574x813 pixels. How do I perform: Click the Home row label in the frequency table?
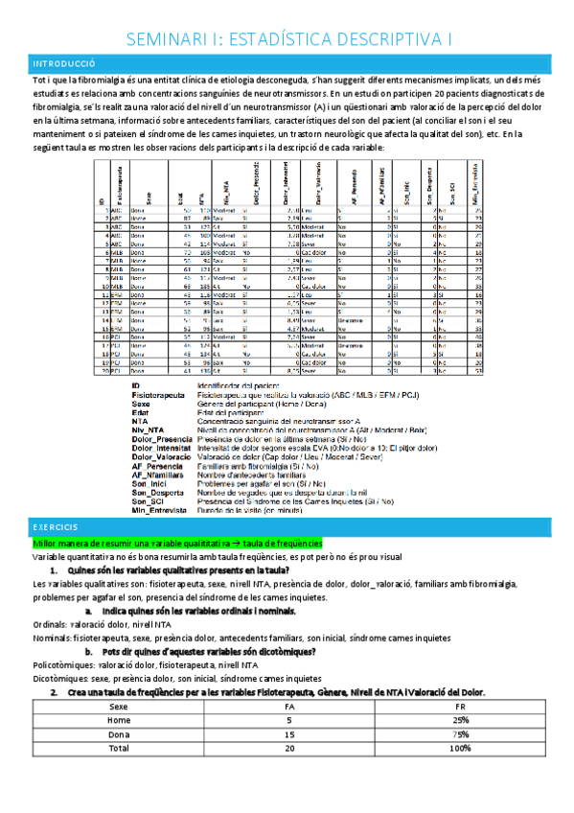119,721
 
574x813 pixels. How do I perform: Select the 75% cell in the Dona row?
463,734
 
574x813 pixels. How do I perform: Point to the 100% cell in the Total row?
462,748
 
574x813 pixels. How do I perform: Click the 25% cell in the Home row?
463,721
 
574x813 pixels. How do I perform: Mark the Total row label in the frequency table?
119,748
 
